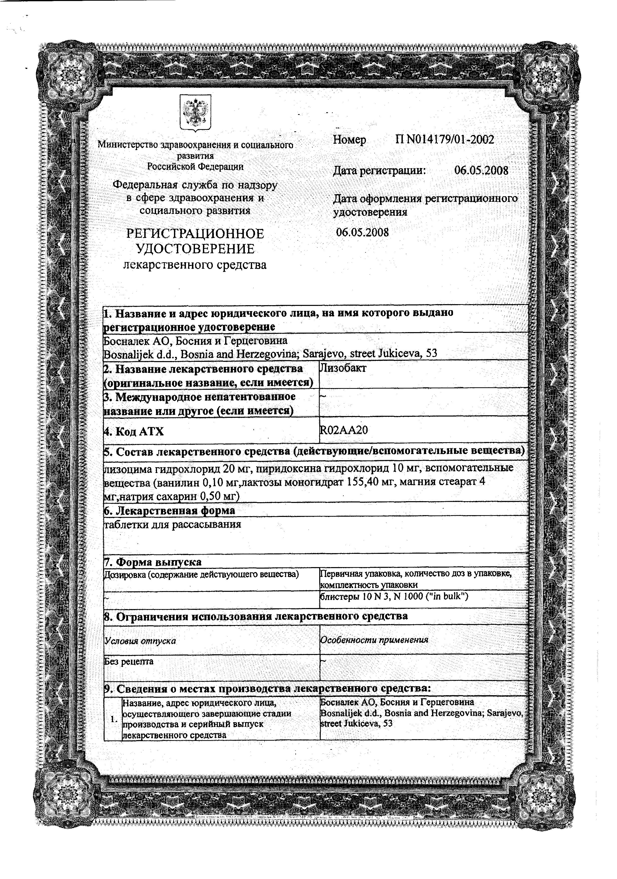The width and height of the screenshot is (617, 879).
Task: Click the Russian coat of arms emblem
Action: coord(195,113)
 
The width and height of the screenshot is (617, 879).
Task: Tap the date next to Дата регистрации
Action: coord(481,170)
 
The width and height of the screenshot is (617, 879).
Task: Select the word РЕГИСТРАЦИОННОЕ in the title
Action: coord(195,233)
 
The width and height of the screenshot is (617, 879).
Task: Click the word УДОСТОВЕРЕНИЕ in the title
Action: coord(195,249)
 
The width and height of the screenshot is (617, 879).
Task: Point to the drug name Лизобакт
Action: coord(343,368)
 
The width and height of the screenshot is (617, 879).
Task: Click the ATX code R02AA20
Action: coord(344,430)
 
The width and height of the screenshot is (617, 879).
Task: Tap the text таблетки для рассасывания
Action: coord(173,524)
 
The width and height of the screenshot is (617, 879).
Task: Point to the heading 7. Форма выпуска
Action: coord(153,562)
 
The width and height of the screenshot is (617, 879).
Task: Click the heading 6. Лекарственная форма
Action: coord(169,511)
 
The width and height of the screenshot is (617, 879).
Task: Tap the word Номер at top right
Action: coord(349,140)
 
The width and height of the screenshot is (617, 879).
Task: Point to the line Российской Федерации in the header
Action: coord(195,167)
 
